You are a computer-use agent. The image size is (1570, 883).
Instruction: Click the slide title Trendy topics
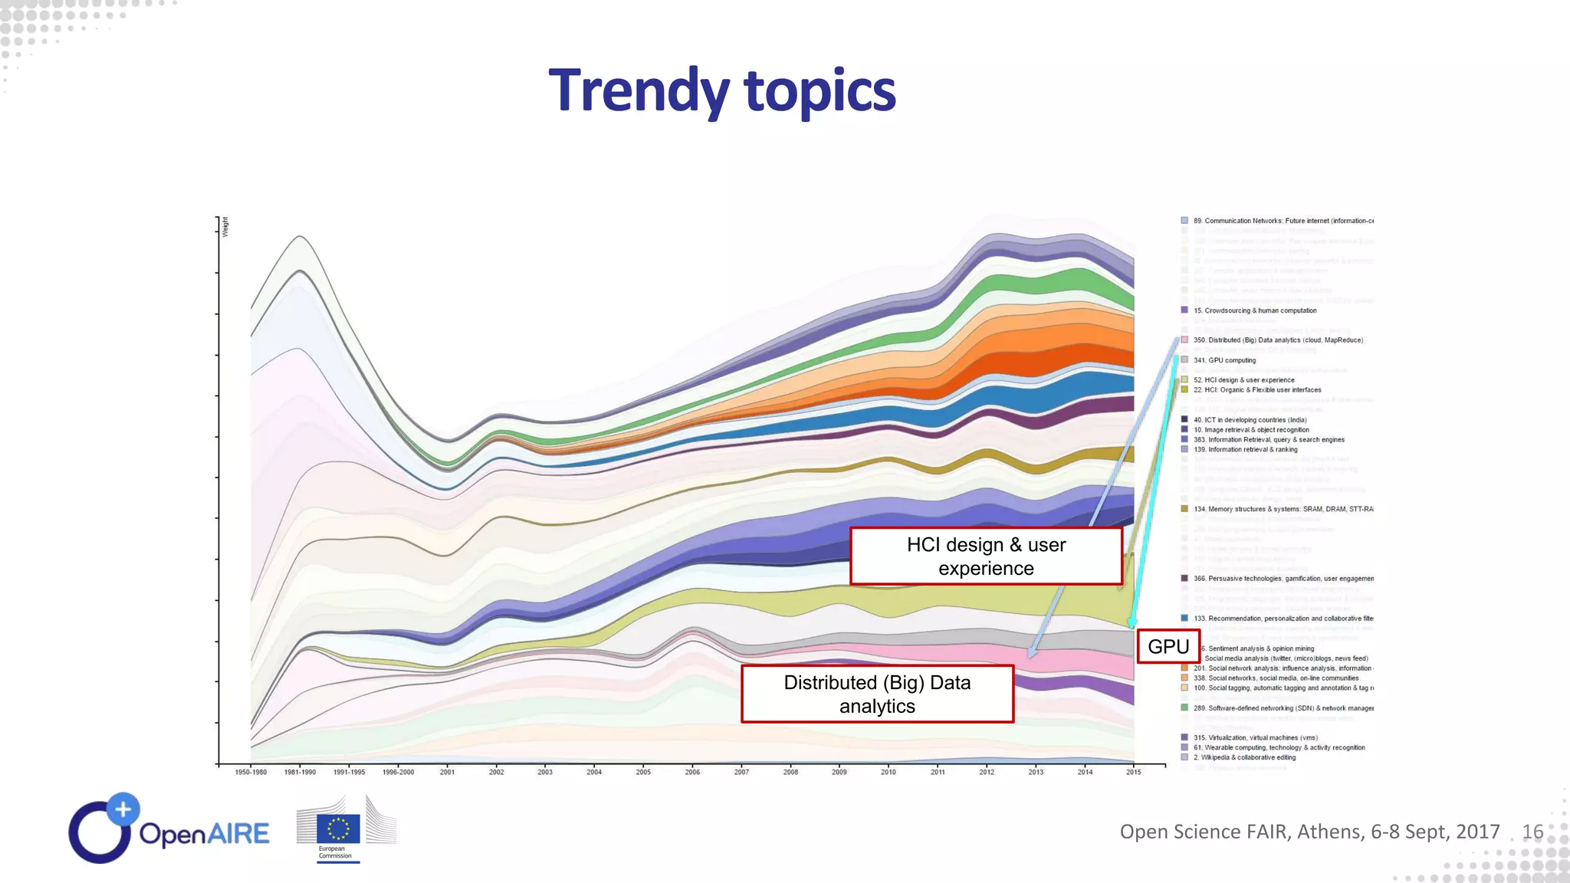tap(721, 90)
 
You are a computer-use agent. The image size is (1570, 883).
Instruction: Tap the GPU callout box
tap(1168, 646)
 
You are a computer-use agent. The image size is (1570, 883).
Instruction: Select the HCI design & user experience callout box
tap(986, 556)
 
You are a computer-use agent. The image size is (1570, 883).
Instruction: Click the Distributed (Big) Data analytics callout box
tap(877, 694)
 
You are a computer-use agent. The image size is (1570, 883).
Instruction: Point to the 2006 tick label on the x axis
tap(692, 772)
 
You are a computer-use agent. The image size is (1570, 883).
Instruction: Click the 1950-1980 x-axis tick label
tap(251, 772)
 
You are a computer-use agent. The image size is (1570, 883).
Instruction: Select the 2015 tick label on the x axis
tap(1133, 772)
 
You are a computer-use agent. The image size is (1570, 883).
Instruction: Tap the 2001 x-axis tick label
tap(447, 772)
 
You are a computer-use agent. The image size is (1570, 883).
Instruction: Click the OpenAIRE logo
tap(169, 829)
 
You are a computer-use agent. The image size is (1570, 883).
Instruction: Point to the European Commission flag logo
tap(338, 829)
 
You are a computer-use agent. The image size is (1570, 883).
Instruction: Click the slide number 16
tap(1532, 832)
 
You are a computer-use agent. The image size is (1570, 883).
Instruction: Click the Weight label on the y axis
tap(225, 227)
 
